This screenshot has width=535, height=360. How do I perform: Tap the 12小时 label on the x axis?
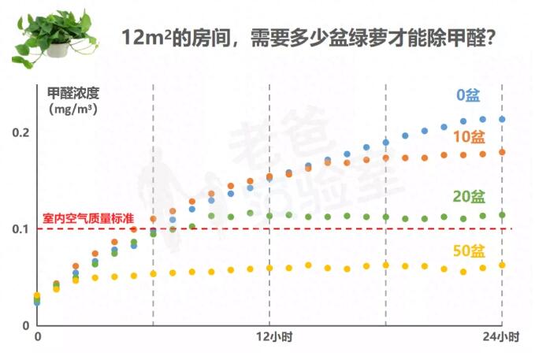[270, 337]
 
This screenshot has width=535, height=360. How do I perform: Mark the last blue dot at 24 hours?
[502, 119]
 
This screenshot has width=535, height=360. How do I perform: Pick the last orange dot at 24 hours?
[502, 152]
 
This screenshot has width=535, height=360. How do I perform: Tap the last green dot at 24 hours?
[502, 214]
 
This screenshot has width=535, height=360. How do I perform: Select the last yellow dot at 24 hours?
[502, 265]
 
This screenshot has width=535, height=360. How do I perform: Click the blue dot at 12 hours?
[269, 179]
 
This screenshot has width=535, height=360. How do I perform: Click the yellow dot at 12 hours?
[269, 268]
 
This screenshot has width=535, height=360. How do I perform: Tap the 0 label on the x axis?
[37, 337]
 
